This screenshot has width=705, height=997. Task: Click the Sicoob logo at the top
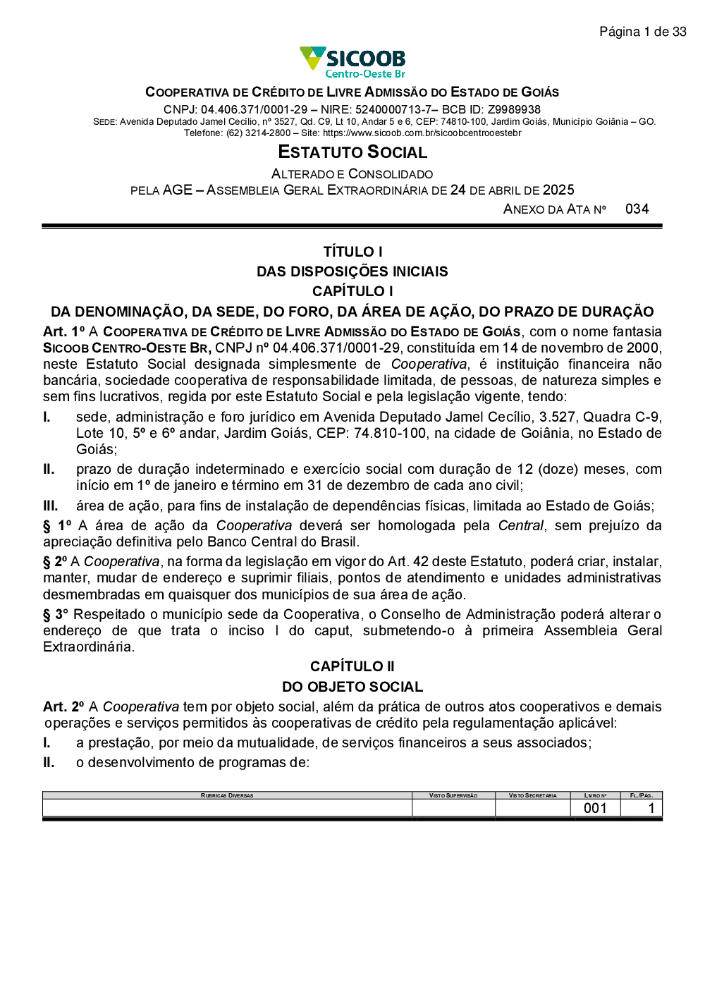(x=352, y=62)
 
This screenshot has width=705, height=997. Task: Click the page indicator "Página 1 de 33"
(x=642, y=32)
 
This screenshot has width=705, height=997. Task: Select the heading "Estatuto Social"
(x=352, y=152)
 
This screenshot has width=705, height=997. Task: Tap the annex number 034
(x=637, y=209)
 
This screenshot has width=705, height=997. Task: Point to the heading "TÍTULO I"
(x=352, y=252)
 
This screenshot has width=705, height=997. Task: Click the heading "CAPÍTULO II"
(x=352, y=666)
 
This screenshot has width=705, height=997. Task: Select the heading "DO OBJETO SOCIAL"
(x=352, y=687)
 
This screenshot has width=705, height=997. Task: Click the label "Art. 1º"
(x=63, y=332)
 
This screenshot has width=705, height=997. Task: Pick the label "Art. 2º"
(x=63, y=707)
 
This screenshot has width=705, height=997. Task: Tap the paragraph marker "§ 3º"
(x=56, y=615)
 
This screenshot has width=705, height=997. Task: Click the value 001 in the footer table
(x=595, y=808)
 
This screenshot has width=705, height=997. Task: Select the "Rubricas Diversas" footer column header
(x=227, y=795)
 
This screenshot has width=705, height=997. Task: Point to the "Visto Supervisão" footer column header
(x=453, y=795)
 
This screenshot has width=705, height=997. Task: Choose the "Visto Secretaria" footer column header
(x=533, y=795)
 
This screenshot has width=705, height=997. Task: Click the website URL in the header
(x=422, y=133)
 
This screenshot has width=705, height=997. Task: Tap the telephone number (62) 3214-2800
(x=258, y=133)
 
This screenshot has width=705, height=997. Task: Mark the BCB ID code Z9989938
(x=514, y=110)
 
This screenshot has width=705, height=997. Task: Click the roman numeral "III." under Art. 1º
(x=51, y=506)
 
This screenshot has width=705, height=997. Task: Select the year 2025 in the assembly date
(x=558, y=190)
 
